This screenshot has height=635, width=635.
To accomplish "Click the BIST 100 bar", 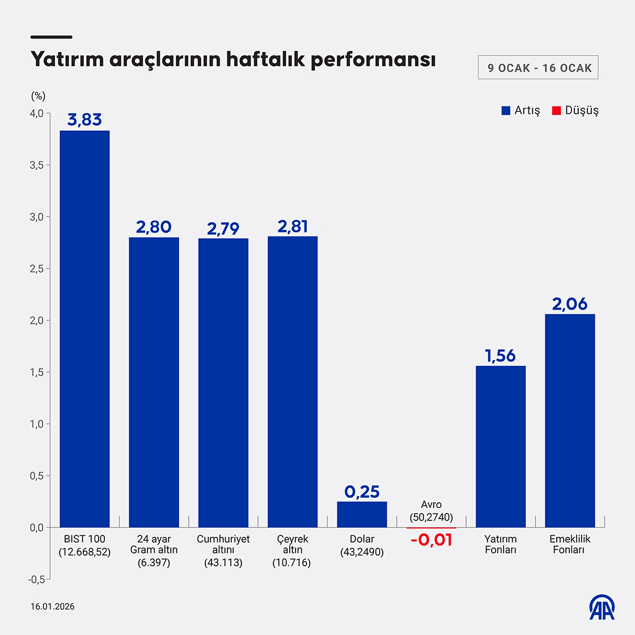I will pyautogui.click(x=84, y=329).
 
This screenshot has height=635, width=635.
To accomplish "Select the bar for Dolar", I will pyautogui.click(x=362, y=514).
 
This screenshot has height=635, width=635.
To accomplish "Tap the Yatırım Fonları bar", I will pyautogui.click(x=501, y=447).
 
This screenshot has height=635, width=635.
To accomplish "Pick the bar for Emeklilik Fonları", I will pyautogui.click(x=570, y=421).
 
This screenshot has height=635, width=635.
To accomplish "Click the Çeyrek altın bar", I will pyautogui.click(x=293, y=382).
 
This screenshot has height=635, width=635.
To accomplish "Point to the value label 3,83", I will pyautogui.click(x=84, y=120).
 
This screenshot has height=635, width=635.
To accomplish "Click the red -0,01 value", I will pyautogui.click(x=431, y=540).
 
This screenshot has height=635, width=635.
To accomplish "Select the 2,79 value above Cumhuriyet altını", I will pyautogui.click(x=223, y=228).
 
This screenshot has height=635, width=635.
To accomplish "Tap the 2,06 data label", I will pyautogui.click(x=570, y=304).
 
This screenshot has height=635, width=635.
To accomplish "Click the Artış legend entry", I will pyautogui.click(x=521, y=111).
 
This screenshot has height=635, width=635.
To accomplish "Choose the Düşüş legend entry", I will pyautogui.click(x=575, y=111).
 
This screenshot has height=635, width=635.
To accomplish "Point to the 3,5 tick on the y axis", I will pyautogui.click(x=37, y=165).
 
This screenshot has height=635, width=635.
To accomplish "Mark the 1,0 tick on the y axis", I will pyautogui.click(x=37, y=424).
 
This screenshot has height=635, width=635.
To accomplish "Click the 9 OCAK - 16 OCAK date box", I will pyautogui.click(x=538, y=68).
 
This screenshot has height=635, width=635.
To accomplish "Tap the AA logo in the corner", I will pyautogui.click(x=602, y=607).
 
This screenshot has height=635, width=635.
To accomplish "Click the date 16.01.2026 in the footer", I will pyautogui.click(x=53, y=607).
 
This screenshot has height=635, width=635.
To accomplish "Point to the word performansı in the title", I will pyautogui.click(x=373, y=60).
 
